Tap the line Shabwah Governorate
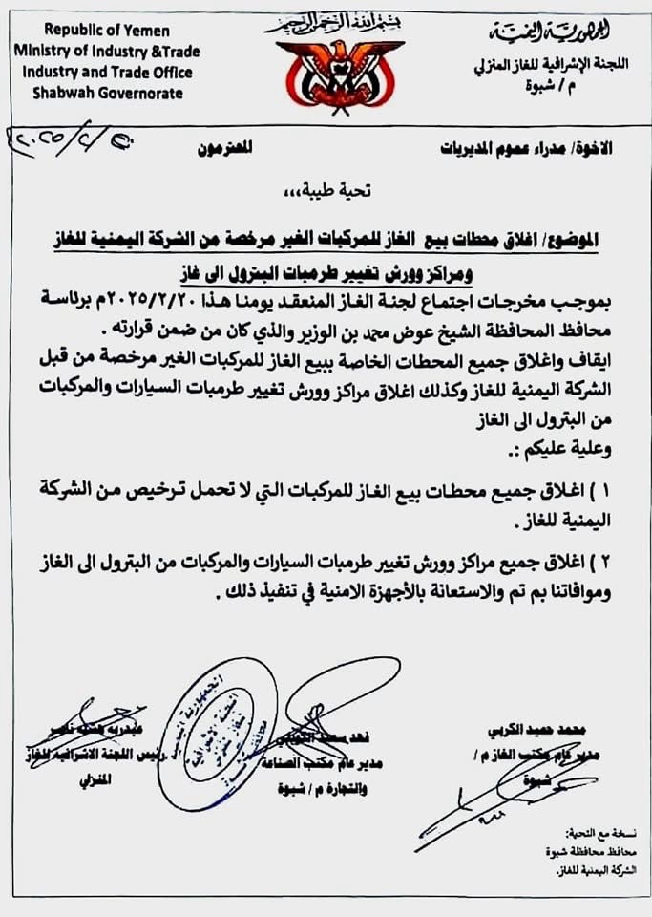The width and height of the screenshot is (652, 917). click(107, 93)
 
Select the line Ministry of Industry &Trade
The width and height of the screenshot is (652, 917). click(107, 52)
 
